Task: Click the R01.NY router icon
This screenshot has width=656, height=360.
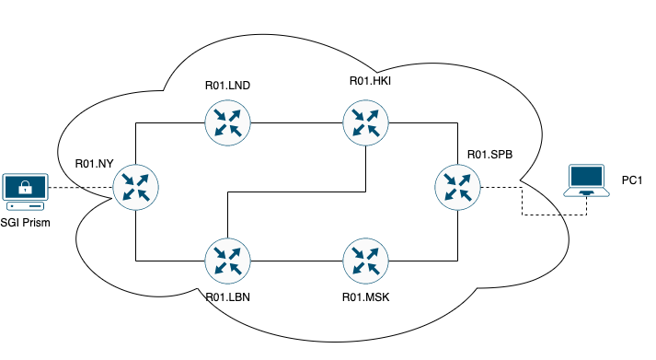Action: (x=136, y=188)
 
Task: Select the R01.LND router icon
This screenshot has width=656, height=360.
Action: (x=228, y=122)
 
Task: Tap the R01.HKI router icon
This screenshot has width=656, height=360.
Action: (x=366, y=122)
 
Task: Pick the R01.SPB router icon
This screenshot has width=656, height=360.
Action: (x=458, y=188)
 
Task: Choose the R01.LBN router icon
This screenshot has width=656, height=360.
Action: (x=228, y=261)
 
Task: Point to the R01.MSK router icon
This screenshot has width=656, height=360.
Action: (x=366, y=261)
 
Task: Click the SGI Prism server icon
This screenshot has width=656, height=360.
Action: (x=25, y=191)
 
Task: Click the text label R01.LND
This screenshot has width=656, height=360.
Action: (x=228, y=86)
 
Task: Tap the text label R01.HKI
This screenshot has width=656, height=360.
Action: (x=371, y=81)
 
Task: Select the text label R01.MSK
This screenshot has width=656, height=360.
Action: (x=365, y=297)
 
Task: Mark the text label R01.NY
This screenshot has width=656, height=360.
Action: (x=95, y=164)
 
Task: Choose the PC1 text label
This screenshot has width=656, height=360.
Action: (x=631, y=180)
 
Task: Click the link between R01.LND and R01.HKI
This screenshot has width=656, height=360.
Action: (x=297, y=122)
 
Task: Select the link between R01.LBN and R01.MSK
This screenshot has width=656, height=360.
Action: (x=297, y=261)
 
